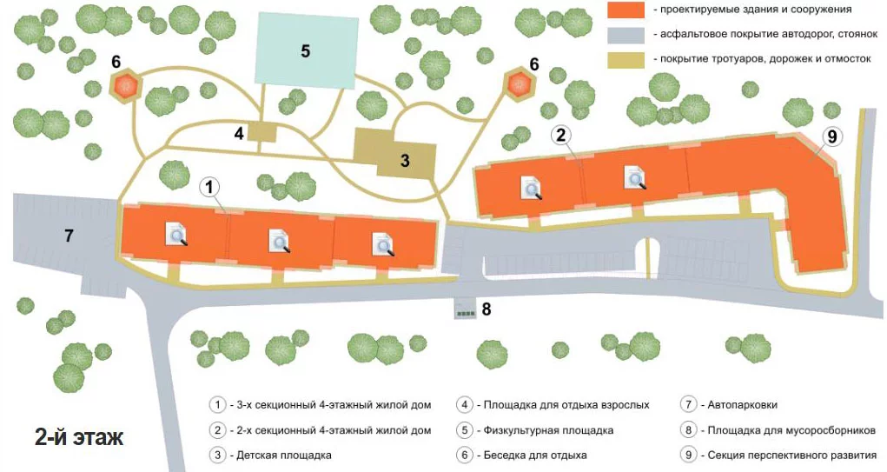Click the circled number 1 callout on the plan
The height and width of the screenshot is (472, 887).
[210, 187]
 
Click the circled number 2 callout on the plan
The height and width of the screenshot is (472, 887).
[560, 136]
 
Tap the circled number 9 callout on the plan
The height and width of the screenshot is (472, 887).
[831, 136]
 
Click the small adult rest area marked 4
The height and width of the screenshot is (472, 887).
[261, 132]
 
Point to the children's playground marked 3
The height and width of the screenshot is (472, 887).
[395, 154]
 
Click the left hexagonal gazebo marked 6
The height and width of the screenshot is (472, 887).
[126, 85]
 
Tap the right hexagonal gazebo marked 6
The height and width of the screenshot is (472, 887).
[519, 83]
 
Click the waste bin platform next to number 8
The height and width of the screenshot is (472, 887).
[466, 309]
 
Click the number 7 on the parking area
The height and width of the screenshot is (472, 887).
[69, 235]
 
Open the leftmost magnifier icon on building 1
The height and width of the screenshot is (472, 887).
[176, 235]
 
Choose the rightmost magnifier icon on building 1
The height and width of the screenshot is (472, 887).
[382, 244]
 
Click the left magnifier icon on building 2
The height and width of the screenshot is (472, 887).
[531, 188]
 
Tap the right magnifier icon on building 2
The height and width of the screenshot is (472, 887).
[635, 177]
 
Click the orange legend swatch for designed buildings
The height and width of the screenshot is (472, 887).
[626, 10]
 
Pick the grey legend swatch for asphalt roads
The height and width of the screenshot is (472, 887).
[626, 35]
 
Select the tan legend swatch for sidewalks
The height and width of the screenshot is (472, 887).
[626, 60]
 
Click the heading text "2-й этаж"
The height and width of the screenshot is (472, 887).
[79, 437]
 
